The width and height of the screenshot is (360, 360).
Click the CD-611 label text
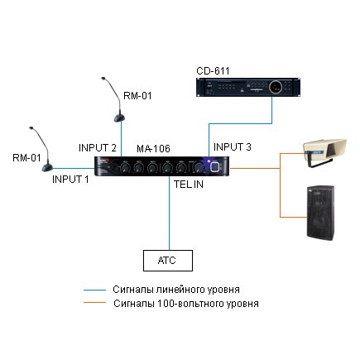click(x=213, y=71)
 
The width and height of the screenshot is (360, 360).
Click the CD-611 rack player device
click(x=248, y=87)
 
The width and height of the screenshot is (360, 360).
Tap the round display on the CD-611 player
click(x=276, y=86)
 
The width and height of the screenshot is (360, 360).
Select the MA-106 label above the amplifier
click(x=153, y=148)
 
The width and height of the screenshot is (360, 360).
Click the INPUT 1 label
click(x=70, y=180)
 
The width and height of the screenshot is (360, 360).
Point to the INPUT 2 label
click(x=98, y=148)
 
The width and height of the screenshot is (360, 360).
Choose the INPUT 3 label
click(x=233, y=146)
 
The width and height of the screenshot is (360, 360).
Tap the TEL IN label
click(x=189, y=185)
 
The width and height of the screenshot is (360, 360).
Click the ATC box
click(x=168, y=261)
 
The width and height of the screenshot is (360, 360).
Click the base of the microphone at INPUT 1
click(x=47, y=167)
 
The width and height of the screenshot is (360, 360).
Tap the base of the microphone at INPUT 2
click(x=120, y=118)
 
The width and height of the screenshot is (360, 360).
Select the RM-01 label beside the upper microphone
click(x=137, y=96)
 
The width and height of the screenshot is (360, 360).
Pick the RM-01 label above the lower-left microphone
click(x=26, y=158)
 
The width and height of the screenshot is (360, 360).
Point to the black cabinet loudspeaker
click(x=321, y=213)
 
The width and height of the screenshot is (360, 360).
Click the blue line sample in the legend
click(x=94, y=290)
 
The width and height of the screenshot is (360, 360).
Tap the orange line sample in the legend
click(x=94, y=303)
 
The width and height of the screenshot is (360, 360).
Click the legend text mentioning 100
click(x=186, y=304)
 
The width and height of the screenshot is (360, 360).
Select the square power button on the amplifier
click(x=215, y=167)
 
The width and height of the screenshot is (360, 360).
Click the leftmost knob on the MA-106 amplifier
click(x=125, y=167)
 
